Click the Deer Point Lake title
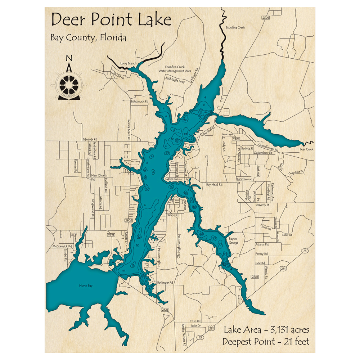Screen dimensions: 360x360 tap(111, 20)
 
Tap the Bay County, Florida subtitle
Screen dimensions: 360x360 tap(88, 37)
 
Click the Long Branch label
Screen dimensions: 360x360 tap(129, 64)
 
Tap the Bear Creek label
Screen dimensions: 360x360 tap(307, 149)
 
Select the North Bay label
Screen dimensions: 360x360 tap(86, 286)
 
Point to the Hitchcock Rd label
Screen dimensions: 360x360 tap(140, 102)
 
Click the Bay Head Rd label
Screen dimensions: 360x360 tap(215, 184)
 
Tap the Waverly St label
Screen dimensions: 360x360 tap(262, 205)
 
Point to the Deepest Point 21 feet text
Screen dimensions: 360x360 tap(266, 341)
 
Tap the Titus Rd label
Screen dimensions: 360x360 tap(195, 321)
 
